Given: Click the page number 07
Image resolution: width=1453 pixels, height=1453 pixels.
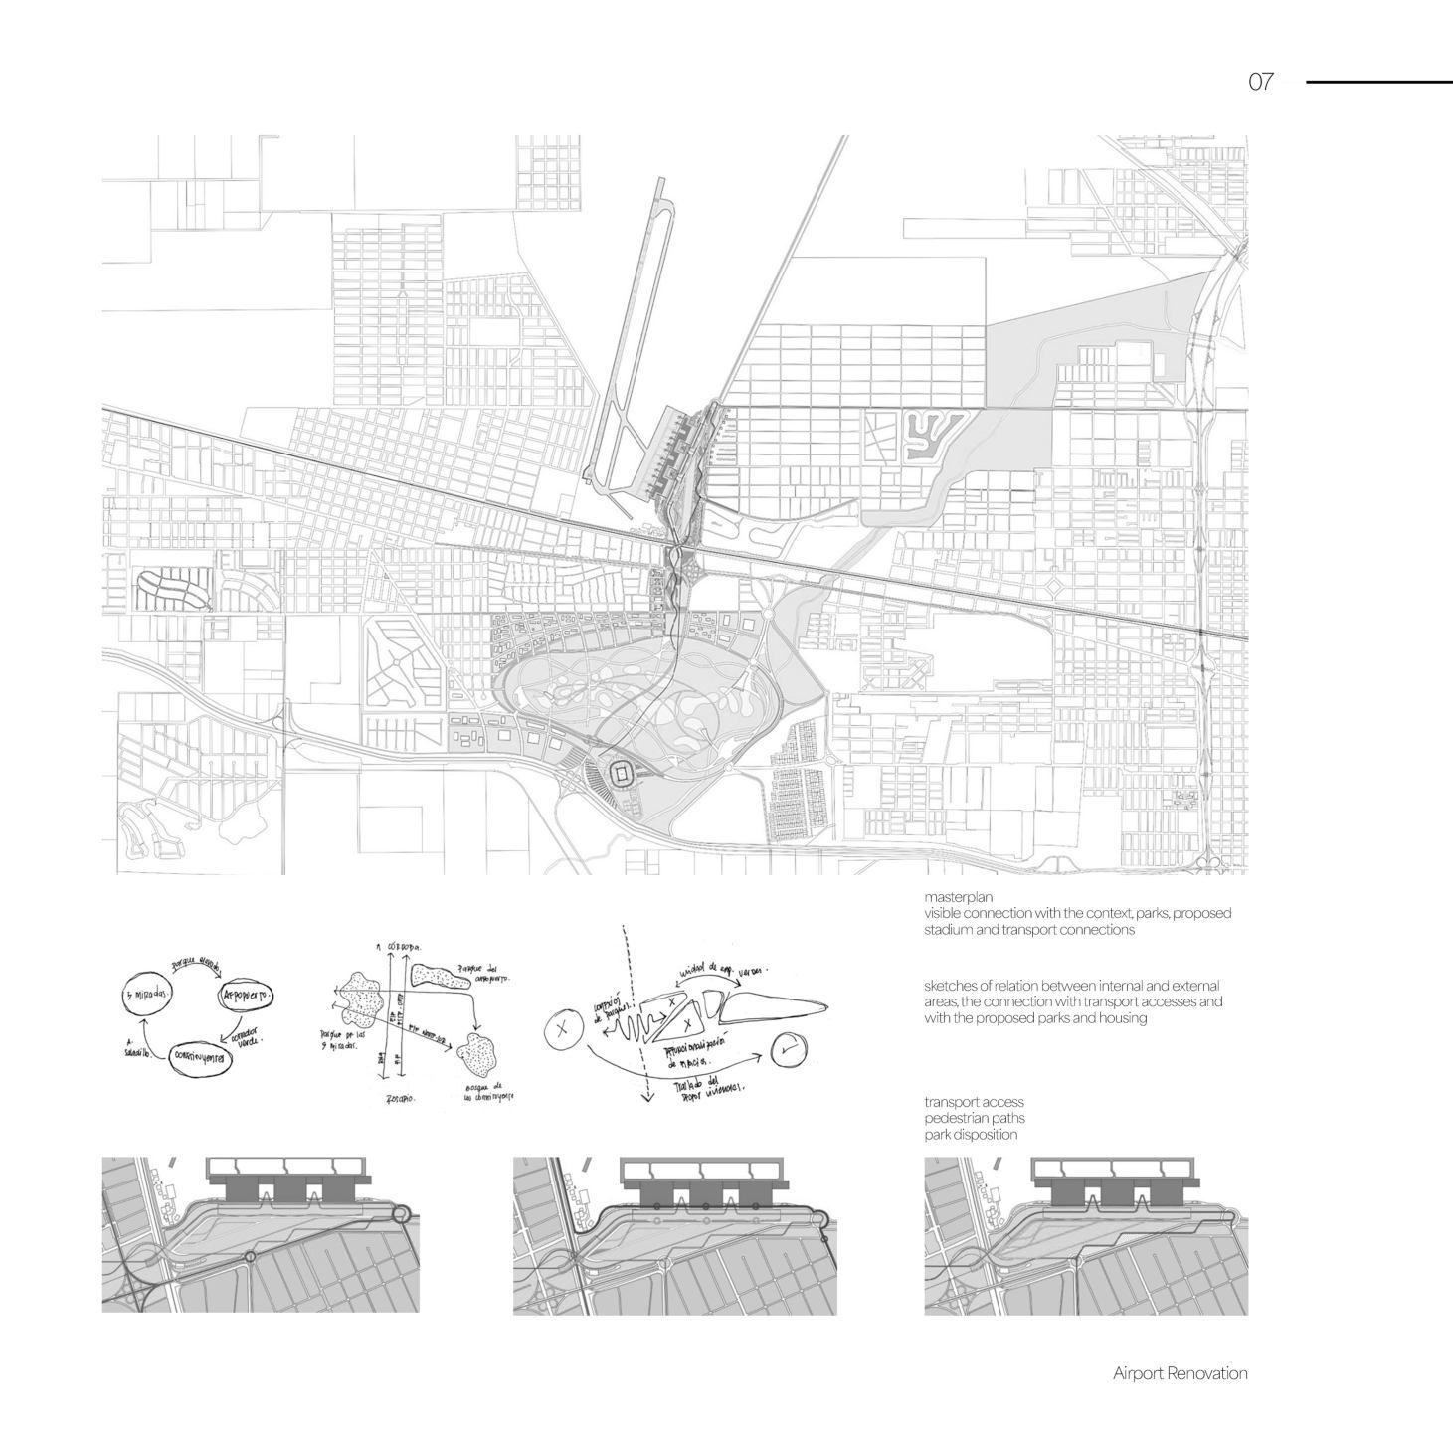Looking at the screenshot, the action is (x=1260, y=82).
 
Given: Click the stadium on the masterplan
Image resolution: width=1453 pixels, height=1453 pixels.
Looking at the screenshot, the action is (x=621, y=773).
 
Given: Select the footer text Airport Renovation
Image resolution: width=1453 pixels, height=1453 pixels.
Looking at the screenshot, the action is (x=1180, y=1373).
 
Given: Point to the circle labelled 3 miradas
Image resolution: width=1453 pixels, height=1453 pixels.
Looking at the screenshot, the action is (x=147, y=994).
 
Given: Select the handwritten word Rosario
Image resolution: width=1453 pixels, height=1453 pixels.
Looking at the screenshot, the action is (x=400, y=1099).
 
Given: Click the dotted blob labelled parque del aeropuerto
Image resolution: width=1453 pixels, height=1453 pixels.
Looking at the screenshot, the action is (x=439, y=976).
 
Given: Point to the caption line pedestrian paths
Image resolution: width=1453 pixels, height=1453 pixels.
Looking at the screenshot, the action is (x=974, y=1118).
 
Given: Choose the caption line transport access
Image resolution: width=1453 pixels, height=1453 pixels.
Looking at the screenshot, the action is (x=974, y=1102).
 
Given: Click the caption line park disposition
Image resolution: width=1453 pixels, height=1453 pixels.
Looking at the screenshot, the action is (x=971, y=1135).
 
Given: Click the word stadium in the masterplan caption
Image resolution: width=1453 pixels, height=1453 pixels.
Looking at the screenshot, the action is (x=945, y=930).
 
